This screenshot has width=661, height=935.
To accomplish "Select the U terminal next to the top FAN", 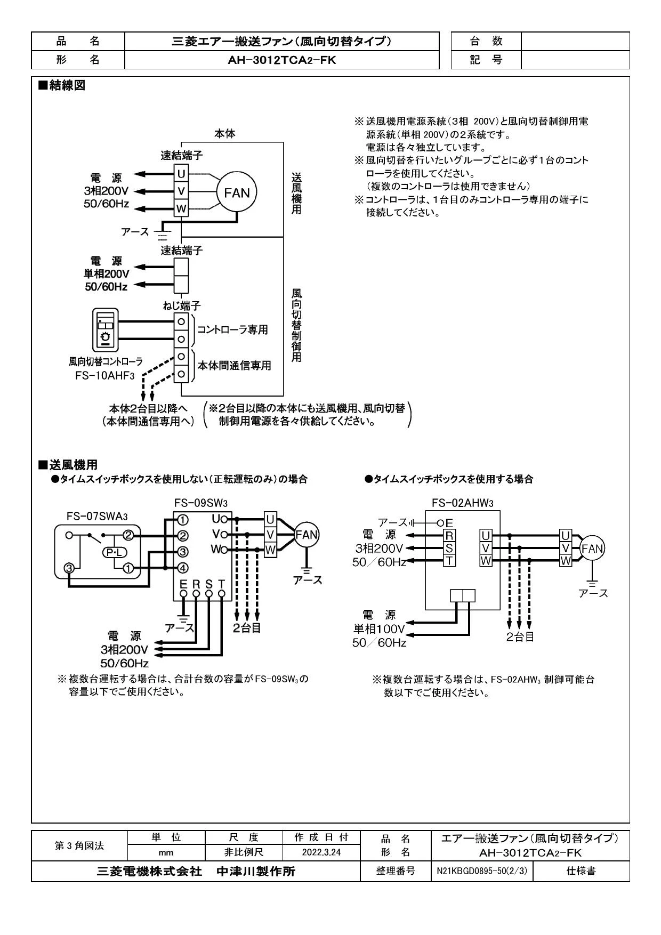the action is click(x=181, y=173).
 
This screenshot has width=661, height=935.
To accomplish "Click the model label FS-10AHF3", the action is click(x=106, y=374).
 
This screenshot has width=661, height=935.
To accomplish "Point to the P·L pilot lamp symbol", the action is click(x=114, y=552).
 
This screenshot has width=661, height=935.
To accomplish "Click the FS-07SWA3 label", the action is click(x=97, y=516).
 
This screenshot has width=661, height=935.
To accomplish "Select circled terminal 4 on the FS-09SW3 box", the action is click(x=182, y=568).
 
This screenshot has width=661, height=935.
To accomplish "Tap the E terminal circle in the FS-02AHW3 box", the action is click(x=440, y=523).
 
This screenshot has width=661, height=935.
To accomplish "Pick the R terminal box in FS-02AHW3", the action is click(x=449, y=535).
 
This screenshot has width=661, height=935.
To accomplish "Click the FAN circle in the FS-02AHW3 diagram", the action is click(x=592, y=549).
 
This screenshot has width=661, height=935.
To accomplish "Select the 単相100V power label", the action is click(x=379, y=629).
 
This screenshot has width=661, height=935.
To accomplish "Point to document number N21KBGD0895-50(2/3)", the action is click(x=481, y=871).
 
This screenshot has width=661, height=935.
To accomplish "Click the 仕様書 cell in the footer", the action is click(x=581, y=871).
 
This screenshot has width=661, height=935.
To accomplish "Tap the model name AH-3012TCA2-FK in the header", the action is click(x=282, y=60).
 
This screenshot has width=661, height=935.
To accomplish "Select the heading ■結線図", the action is click(x=61, y=85).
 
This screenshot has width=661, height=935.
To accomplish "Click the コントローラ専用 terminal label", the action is click(x=232, y=330).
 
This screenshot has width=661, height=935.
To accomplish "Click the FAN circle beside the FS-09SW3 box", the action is click(x=307, y=535).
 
